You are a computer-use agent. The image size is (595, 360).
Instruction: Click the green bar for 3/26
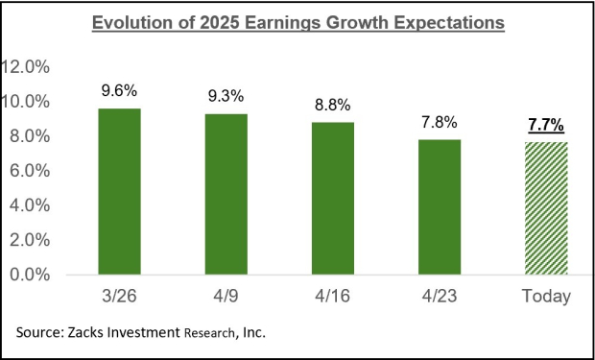(x=120, y=191)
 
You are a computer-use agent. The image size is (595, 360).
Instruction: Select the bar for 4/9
(x=226, y=194)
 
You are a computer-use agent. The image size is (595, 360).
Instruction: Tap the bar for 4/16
(x=333, y=198)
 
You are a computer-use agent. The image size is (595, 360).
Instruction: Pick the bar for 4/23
(x=440, y=206)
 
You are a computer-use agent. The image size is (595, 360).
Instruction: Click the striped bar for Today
(x=546, y=207)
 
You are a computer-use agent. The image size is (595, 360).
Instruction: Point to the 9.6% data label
(x=120, y=91)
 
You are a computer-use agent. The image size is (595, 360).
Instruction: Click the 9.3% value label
(x=226, y=97)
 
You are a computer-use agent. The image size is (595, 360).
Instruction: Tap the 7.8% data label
(x=440, y=123)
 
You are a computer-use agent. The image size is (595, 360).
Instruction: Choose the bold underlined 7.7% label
(x=546, y=125)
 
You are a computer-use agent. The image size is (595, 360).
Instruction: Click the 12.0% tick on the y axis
(x=32, y=67)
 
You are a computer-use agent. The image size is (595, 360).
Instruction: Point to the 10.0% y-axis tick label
(x=32, y=102)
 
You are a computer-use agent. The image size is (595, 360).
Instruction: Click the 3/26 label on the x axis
(x=120, y=297)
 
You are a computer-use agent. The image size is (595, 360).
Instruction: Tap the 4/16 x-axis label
(x=333, y=297)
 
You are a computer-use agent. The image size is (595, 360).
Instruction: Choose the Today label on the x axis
(x=546, y=297)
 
